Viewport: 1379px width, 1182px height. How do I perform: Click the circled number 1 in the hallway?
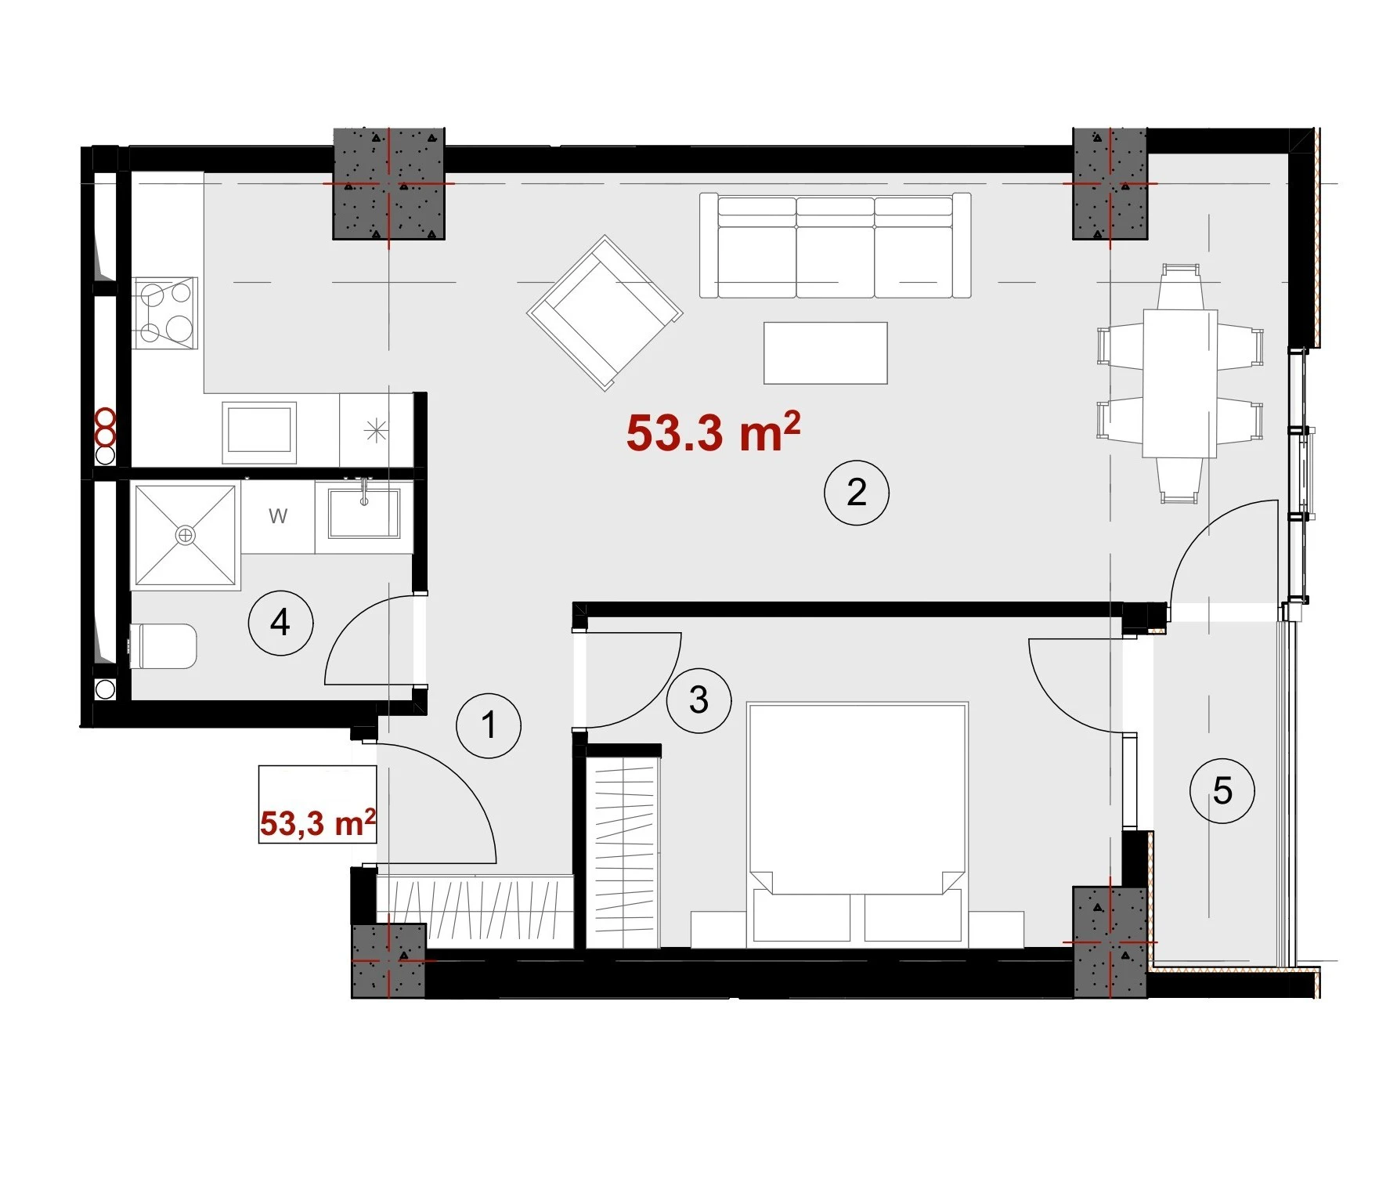pos(489,725)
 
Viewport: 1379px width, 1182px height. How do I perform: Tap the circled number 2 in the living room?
pos(857,492)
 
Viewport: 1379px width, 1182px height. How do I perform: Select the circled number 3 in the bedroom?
pos(699,699)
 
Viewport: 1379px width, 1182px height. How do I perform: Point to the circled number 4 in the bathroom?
pos(280,623)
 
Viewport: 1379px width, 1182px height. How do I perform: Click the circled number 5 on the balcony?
pos(1222,790)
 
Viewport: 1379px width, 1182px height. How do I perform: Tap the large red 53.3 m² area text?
pos(713,432)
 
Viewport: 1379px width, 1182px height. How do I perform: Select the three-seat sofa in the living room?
pos(835,245)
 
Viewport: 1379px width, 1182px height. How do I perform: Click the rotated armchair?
pos(605,313)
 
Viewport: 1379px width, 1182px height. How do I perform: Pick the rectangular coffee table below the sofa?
pos(825,352)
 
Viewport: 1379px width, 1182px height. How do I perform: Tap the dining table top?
pos(1180,383)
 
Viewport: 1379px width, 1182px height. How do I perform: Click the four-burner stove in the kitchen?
pos(165,313)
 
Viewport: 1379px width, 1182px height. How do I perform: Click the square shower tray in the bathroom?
pos(186,535)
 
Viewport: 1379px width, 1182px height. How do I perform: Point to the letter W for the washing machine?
pos(278,516)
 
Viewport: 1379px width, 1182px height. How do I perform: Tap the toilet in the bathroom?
pos(162,646)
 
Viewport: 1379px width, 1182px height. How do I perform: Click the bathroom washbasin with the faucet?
pos(364,513)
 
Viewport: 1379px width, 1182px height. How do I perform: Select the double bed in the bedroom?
pos(858,822)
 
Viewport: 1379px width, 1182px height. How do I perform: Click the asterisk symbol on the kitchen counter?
pos(376,430)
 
